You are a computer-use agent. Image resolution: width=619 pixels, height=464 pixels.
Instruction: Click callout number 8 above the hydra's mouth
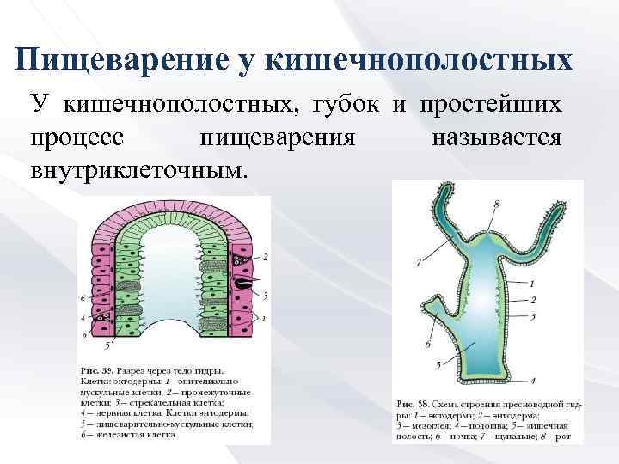point(496,204)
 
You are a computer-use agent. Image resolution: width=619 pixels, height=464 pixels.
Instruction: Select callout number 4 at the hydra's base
point(533,380)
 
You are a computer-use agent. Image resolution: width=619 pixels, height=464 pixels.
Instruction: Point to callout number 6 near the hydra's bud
point(427,344)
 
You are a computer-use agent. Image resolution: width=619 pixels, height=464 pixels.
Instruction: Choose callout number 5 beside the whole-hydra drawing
point(439,365)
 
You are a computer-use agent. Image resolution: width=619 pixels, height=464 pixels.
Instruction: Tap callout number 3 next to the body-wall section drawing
point(265,295)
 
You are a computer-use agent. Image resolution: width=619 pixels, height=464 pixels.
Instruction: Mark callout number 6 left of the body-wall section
point(82,297)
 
